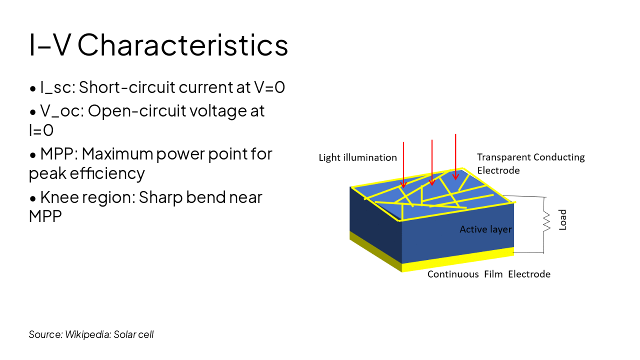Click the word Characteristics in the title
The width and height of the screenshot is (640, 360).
(182, 45)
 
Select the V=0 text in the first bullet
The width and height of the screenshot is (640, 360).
(269, 87)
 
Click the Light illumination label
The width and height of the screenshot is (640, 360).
(358, 158)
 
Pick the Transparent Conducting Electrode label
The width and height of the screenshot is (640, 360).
(530, 163)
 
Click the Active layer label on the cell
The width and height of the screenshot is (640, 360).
(486, 229)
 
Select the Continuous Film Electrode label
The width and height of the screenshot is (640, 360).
(488, 274)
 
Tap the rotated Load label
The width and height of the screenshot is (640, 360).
(563, 220)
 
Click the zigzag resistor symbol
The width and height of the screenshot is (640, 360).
(546, 220)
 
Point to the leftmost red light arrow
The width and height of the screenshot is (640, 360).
(403, 165)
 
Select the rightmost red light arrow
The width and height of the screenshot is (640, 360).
(455, 156)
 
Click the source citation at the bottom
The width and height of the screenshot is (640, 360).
(91, 334)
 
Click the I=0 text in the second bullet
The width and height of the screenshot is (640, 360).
(41, 130)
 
